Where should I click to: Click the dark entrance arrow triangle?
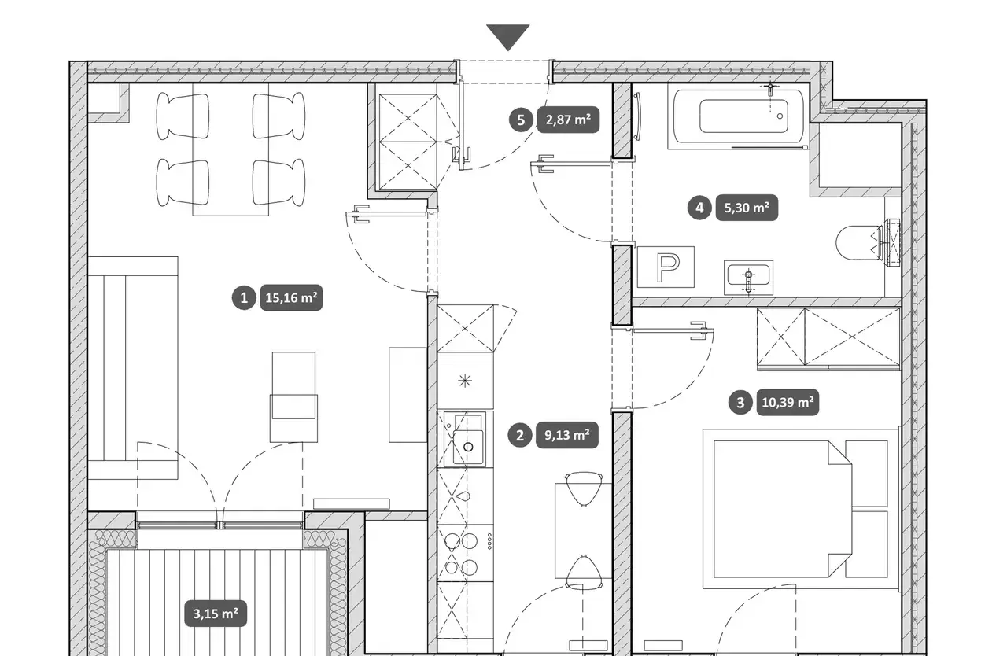click(x=508, y=37)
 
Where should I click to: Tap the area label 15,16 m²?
click(x=291, y=298)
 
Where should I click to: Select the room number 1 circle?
click(x=244, y=298)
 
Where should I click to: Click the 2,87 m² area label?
click(x=568, y=120)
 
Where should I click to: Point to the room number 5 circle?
click(x=521, y=120)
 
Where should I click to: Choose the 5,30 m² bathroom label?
click(x=747, y=208)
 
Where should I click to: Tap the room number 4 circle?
click(x=699, y=208)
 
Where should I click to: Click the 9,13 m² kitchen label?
click(x=567, y=436)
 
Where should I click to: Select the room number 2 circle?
click(x=520, y=436)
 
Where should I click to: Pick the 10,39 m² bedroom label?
click(x=788, y=402)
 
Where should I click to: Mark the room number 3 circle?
click(x=740, y=402)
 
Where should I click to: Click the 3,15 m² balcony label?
click(x=216, y=614)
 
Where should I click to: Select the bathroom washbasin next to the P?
click(x=748, y=278)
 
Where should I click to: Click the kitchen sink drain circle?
click(x=468, y=447)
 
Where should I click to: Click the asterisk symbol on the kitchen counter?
click(x=465, y=381)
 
